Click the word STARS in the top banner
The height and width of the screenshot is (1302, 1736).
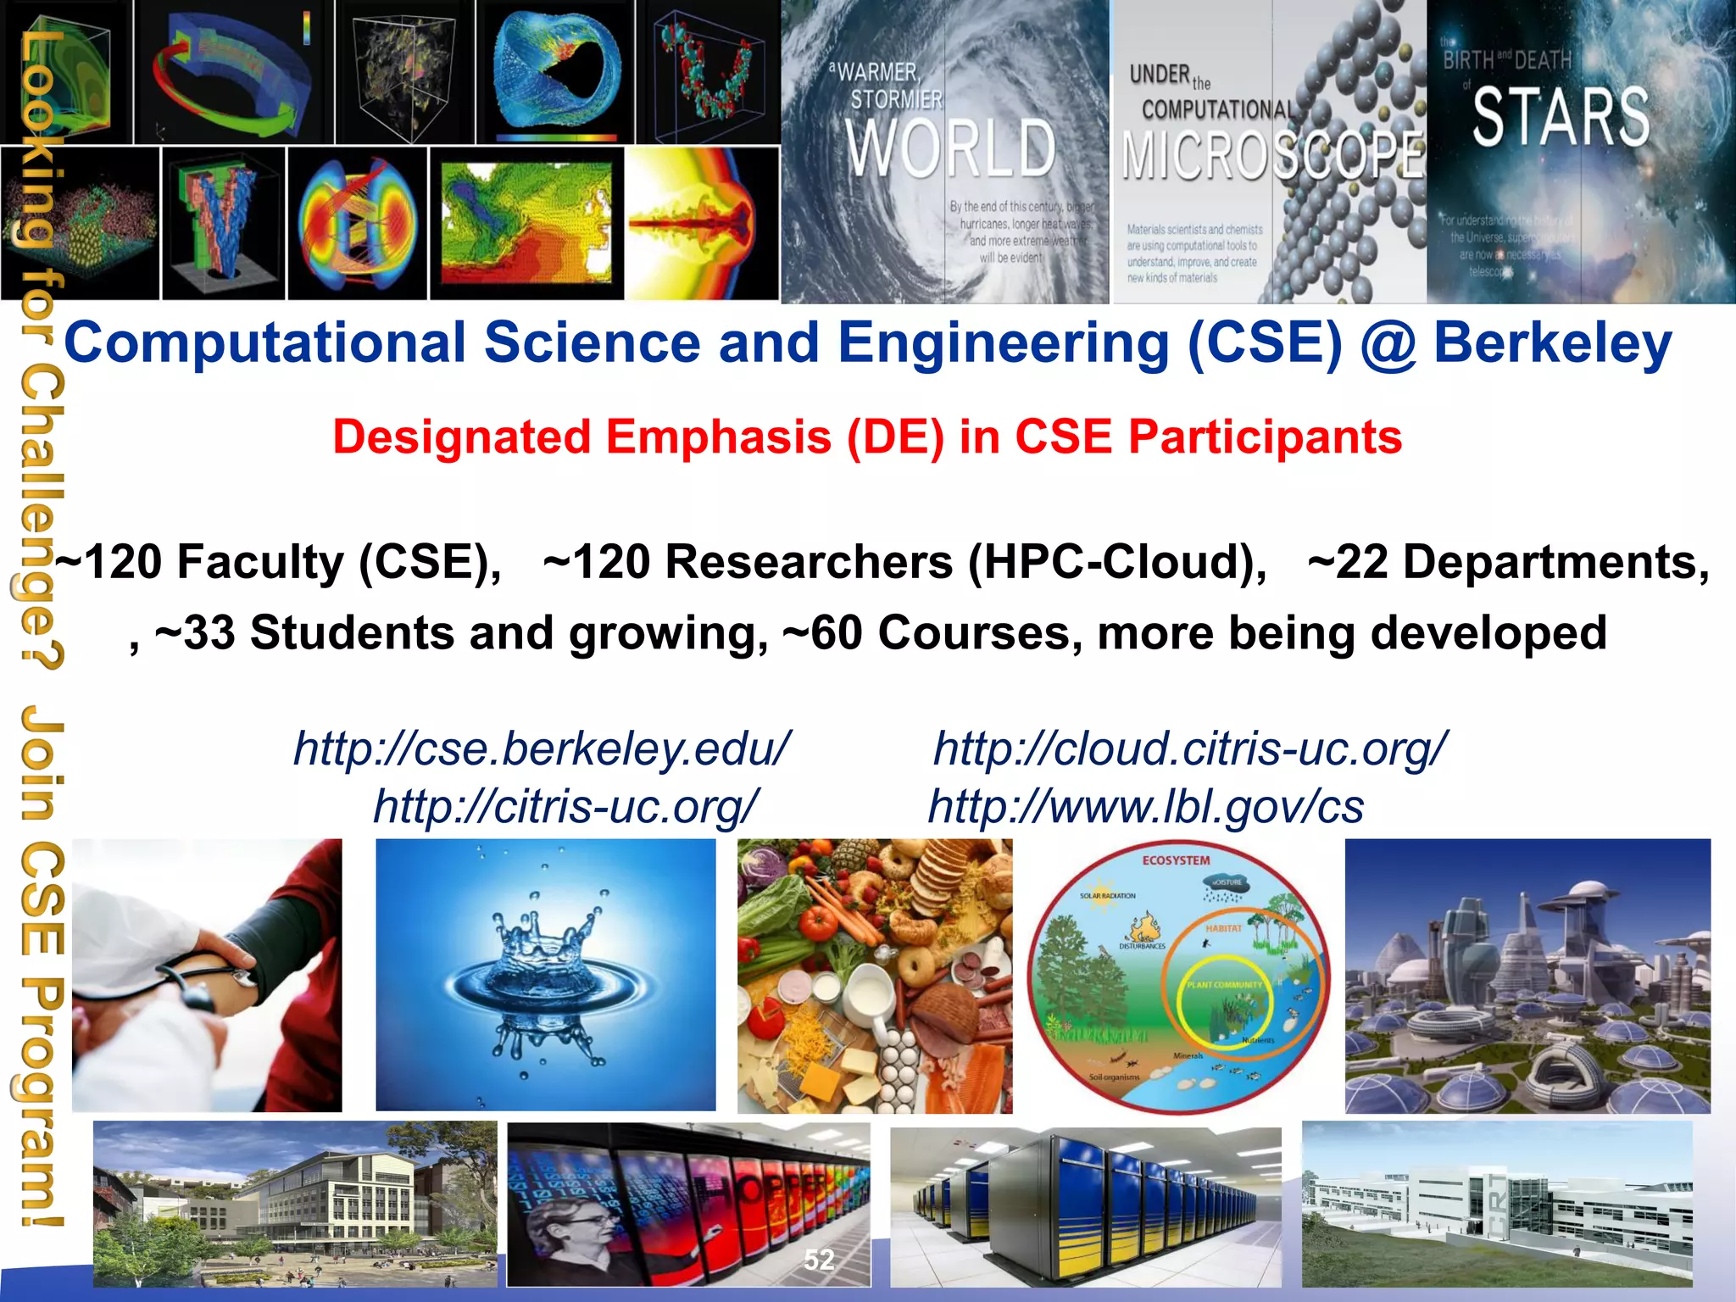tap(1561, 117)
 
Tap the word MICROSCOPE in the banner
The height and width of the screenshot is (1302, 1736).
tap(1271, 156)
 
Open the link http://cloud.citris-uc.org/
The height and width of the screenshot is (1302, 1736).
tap(1190, 749)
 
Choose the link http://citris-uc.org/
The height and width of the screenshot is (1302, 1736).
tap(566, 806)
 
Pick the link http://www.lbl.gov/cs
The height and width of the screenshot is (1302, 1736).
tap(1146, 806)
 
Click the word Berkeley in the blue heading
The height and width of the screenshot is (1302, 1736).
tap(1552, 343)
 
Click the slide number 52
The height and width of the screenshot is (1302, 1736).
tap(819, 1260)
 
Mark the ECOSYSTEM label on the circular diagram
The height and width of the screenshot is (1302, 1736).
tap(1176, 860)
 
